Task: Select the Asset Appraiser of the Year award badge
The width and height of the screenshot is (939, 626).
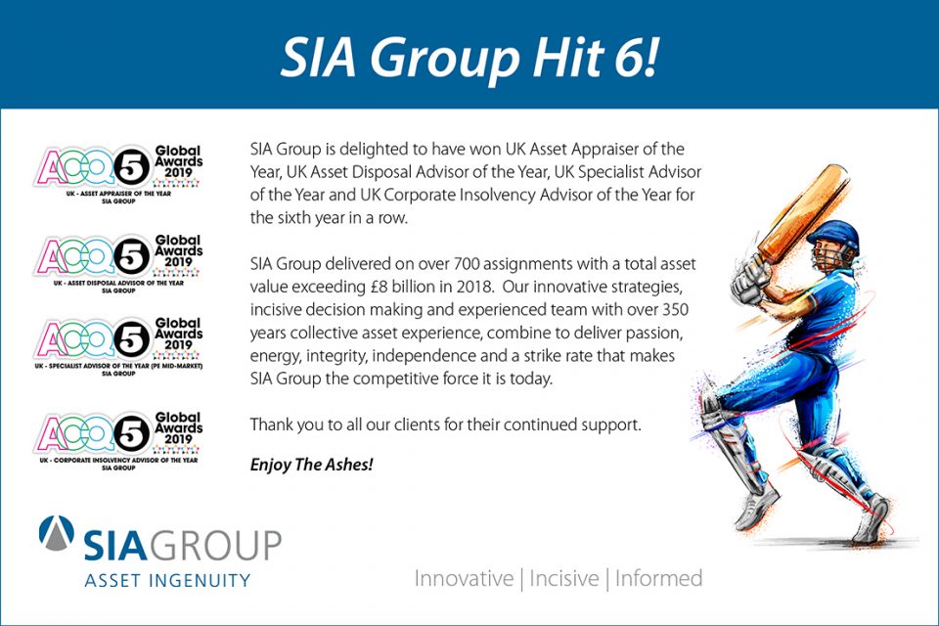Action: pos(118,174)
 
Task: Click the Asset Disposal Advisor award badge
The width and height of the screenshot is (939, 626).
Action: pos(118,263)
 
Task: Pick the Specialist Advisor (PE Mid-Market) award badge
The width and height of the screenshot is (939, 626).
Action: pos(118,346)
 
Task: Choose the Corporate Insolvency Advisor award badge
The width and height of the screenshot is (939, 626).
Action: pos(118,440)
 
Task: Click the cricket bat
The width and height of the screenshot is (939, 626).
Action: pos(801,214)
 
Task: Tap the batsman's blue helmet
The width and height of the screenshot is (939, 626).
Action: pos(834,237)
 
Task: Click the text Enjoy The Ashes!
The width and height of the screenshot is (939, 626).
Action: pos(311,465)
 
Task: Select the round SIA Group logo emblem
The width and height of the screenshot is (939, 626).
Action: pos(57,532)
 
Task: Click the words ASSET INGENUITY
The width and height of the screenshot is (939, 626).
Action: pos(167,580)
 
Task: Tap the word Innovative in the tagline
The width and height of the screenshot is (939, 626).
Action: pos(464,579)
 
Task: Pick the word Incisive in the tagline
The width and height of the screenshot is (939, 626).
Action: pos(564,579)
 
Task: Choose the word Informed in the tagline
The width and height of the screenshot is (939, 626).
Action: pos(658,579)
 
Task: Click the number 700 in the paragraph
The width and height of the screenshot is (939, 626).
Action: pos(467,263)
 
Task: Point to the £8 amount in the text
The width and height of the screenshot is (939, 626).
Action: pos(380,287)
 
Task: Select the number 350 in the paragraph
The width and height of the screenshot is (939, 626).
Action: pos(675,310)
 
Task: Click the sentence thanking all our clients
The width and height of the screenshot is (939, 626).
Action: pos(446,425)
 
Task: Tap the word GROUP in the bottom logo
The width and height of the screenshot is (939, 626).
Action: pos(214,545)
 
